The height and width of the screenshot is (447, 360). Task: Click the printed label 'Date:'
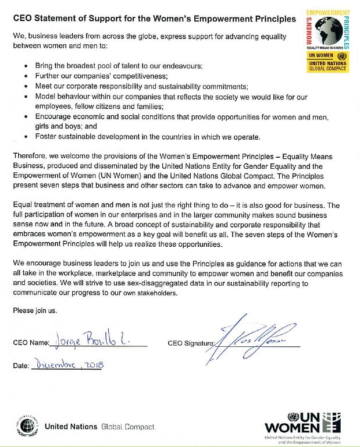20,366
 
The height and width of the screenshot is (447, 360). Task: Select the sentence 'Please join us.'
35,310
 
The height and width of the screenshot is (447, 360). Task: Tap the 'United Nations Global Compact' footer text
99,427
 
